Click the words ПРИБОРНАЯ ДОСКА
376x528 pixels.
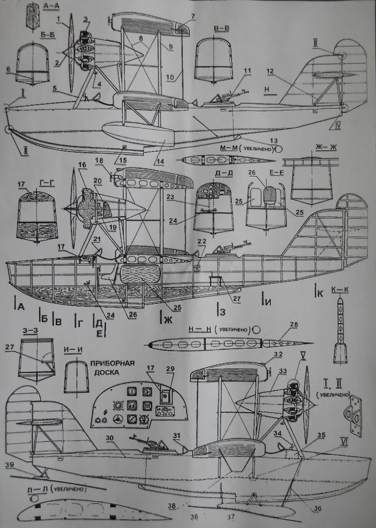[112, 368]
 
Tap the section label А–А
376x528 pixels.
[53, 6]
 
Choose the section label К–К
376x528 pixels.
[340, 290]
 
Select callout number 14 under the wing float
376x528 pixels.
[160, 161]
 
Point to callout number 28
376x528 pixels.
[293, 324]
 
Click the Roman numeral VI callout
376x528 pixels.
[344, 440]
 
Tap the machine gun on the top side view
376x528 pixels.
[230, 95]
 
